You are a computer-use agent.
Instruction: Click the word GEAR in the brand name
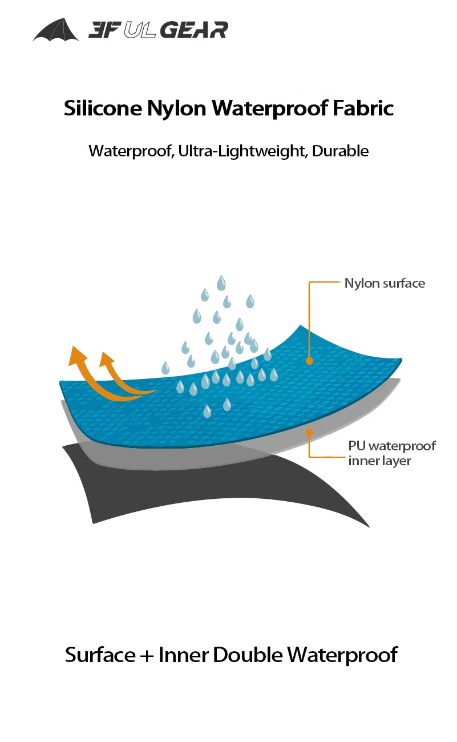pyautogui.click(x=194, y=30)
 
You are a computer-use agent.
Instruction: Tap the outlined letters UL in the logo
pyautogui.click(x=139, y=30)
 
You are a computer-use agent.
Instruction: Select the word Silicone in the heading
pyautogui.click(x=103, y=108)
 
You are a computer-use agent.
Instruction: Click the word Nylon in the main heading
pyautogui.click(x=176, y=108)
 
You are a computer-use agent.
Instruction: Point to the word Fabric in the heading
pyautogui.click(x=363, y=108)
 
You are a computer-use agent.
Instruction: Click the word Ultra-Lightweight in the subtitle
pyautogui.click(x=241, y=151)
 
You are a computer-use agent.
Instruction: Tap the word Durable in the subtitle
pyautogui.click(x=340, y=151)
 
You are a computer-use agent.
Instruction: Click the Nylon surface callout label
pyautogui.click(x=385, y=283)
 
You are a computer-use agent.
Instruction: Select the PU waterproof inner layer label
pyautogui.click(x=392, y=453)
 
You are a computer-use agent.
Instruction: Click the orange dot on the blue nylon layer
pyautogui.click(x=310, y=361)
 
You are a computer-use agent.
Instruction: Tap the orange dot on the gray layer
pyautogui.click(x=310, y=432)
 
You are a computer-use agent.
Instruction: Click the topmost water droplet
pyautogui.click(x=221, y=283)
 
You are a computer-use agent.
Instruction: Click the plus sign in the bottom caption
pyautogui.click(x=147, y=656)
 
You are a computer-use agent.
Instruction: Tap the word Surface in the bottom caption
pyautogui.click(x=100, y=655)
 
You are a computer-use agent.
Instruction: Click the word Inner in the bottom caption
pyautogui.click(x=183, y=655)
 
